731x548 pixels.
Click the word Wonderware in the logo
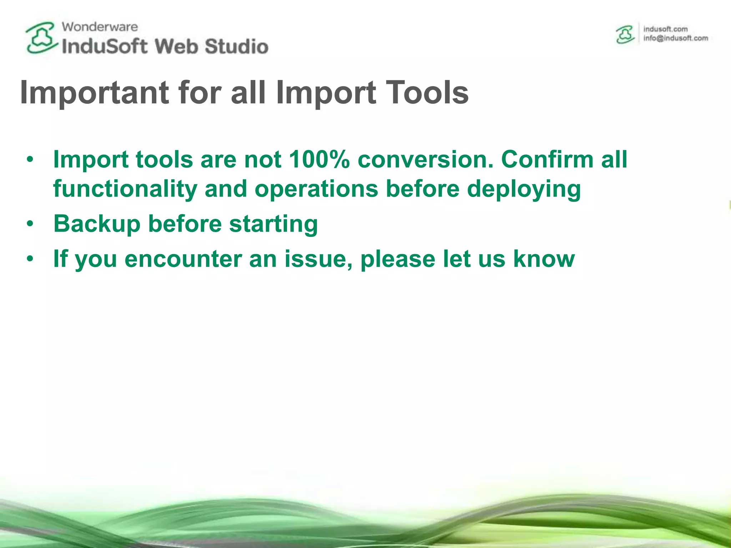pyautogui.click(x=100, y=27)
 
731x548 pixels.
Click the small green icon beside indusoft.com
pyautogui.click(x=625, y=35)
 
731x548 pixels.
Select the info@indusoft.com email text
pyautogui.click(x=675, y=39)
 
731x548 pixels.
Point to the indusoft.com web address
pyautogui.click(x=665, y=29)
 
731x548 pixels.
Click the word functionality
pyautogui.click(x=125, y=189)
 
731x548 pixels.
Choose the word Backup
pyautogui.click(x=97, y=224)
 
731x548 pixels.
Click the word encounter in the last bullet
pyautogui.click(x=183, y=259)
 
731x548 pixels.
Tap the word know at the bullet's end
pyautogui.click(x=544, y=259)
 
